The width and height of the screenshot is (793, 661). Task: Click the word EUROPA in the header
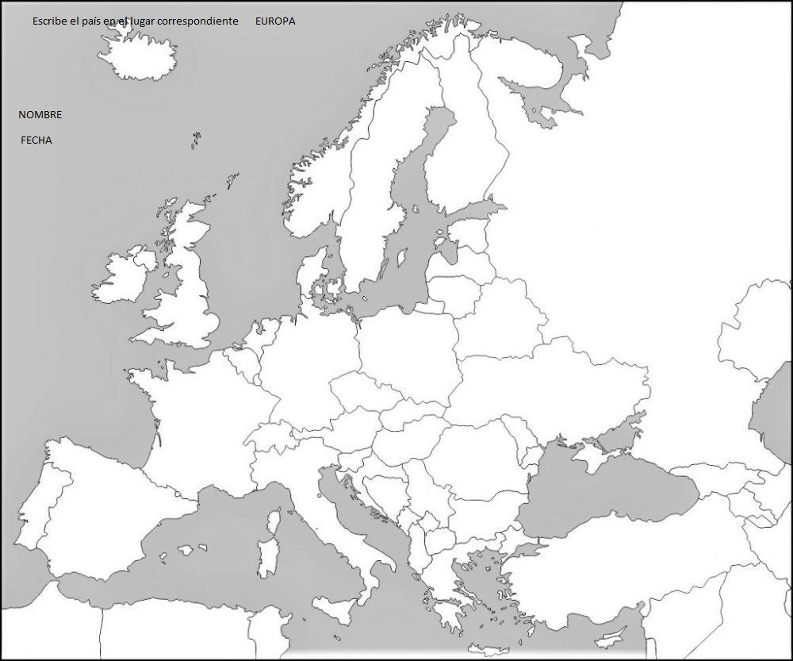[x=275, y=21]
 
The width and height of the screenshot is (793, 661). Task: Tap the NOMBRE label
[x=40, y=115]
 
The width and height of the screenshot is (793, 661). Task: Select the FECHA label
[x=36, y=140]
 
